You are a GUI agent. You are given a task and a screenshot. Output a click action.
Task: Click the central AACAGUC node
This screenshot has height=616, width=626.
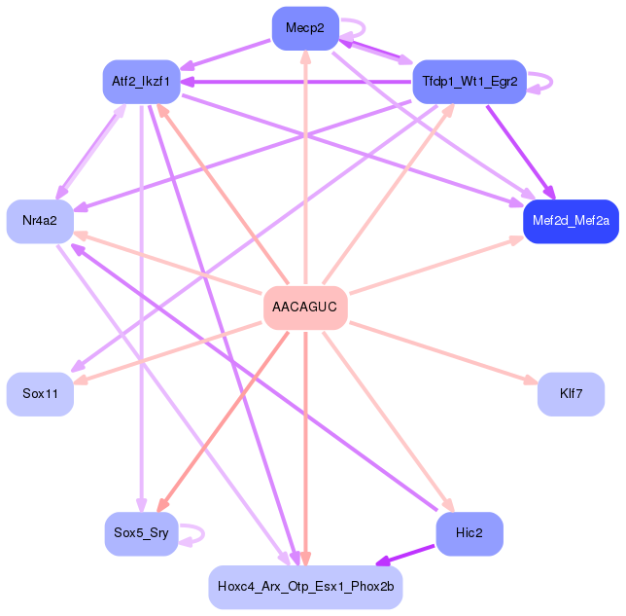tap(305, 308)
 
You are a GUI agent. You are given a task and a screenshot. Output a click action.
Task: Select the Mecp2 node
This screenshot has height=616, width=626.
tap(305, 27)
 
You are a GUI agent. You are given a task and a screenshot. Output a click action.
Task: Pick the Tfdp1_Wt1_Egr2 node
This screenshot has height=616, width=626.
tap(469, 82)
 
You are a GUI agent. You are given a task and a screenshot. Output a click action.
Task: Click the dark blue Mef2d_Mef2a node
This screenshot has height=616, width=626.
tap(571, 221)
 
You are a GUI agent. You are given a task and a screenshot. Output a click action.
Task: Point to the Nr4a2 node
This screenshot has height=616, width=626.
tap(40, 221)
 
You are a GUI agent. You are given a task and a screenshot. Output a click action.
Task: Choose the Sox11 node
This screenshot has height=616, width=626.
tap(40, 394)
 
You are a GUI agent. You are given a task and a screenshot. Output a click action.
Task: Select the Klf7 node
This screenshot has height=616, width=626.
tap(571, 394)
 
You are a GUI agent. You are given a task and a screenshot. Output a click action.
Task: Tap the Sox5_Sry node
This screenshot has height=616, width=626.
tap(141, 533)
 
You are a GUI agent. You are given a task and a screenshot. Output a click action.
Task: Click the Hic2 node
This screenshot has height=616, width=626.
tap(469, 533)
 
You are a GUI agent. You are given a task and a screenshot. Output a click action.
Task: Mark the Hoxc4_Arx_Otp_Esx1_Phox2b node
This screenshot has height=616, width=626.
tap(305, 587)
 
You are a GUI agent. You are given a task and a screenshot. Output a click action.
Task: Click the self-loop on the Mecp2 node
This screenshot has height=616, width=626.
tap(356, 28)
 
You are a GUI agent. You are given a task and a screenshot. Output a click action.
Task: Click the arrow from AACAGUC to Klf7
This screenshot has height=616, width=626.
tap(442, 350)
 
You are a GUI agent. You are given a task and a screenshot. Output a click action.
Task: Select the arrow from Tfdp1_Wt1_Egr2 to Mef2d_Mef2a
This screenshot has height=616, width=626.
tap(519, 150)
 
